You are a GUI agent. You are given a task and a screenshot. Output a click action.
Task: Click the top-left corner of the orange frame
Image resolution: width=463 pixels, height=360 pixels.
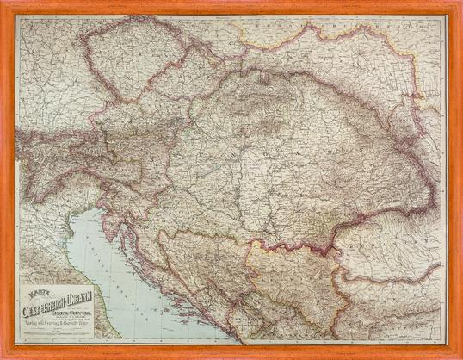point(3,3)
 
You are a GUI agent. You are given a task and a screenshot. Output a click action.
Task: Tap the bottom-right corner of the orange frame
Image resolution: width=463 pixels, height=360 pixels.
point(460,357)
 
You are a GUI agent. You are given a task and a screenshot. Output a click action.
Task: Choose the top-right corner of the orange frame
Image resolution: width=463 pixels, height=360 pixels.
point(460,3)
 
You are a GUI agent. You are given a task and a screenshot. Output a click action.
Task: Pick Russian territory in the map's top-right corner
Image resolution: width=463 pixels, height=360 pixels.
point(426,34)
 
